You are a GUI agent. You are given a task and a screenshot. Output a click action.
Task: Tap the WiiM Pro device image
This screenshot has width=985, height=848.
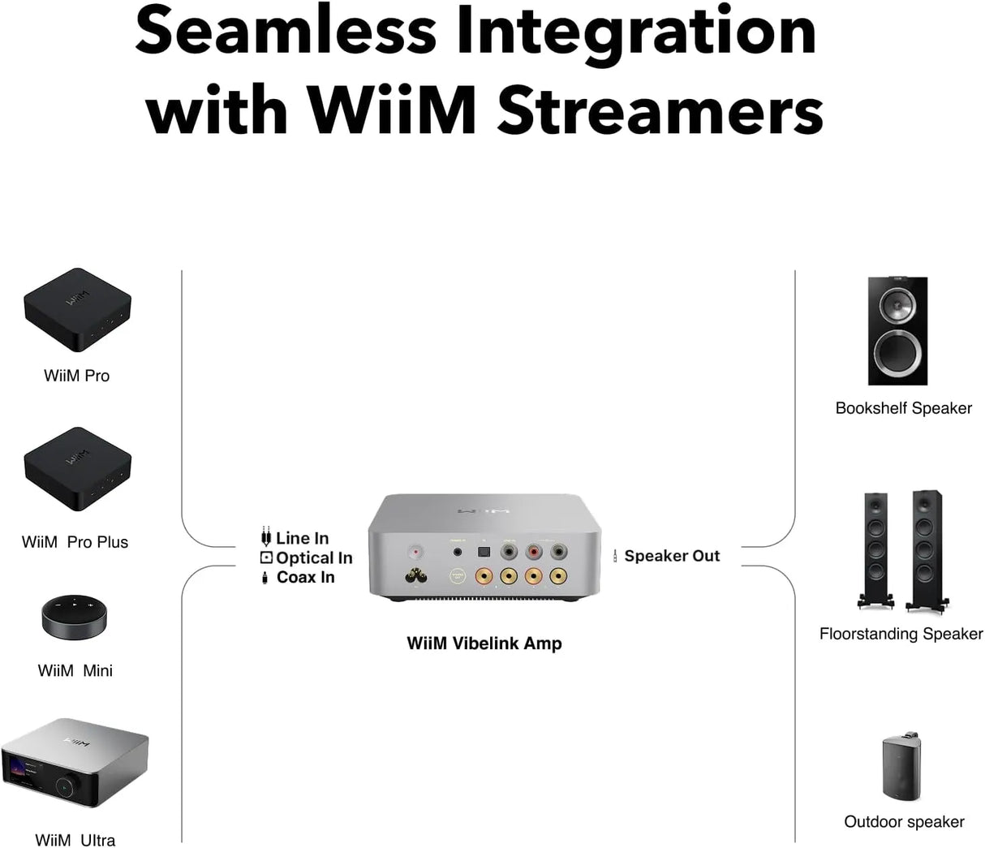click(x=76, y=311)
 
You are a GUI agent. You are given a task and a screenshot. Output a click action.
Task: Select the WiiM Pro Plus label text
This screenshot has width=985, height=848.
click(x=75, y=542)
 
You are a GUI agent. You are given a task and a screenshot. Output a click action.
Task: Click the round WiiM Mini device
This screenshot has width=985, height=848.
click(x=74, y=619)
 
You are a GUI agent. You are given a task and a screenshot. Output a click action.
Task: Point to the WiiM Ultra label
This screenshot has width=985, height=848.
click(x=75, y=840)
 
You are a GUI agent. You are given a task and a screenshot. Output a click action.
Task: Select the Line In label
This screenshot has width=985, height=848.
click(x=302, y=538)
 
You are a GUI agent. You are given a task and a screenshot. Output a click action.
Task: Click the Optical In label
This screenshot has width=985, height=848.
click(x=313, y=557)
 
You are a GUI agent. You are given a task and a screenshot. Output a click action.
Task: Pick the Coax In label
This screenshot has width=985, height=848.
click(x=305, y=577)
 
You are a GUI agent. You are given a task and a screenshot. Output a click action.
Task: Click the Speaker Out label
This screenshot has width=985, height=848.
click(x=672, y=556)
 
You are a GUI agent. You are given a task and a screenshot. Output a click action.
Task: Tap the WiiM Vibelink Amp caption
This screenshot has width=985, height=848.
click(x=484, y=644)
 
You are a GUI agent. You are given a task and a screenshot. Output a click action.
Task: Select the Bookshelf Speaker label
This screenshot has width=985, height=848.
click(x=903, y=408)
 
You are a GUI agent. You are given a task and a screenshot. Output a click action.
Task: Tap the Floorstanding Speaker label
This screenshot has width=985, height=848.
click(x=901, y=634)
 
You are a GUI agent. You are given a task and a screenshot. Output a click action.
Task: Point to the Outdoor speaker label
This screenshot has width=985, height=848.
click(x=904, y=822)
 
